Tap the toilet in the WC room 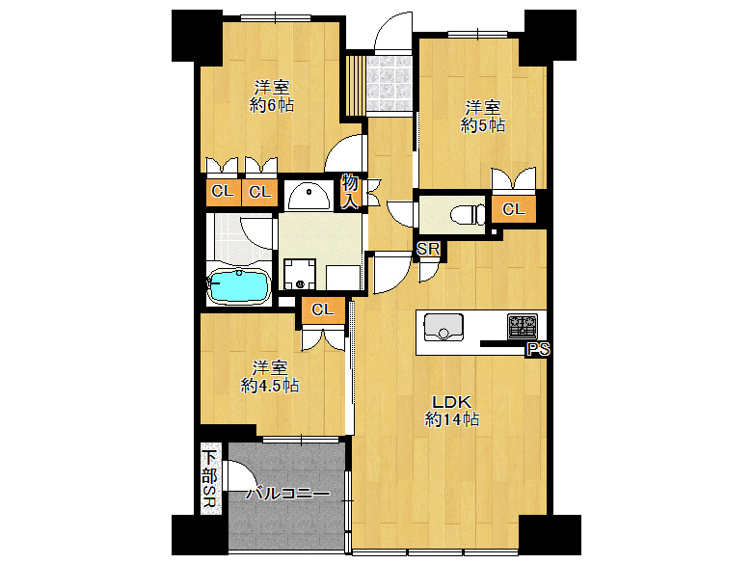pyautogui.click(x=469, y=214)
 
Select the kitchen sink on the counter pyautogui.click(x=443, y=327)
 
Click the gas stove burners pyautogui.click(x=523, y=326)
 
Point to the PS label pyautogui.click(x=538, y=350)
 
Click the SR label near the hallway pyautogui.click(x=428, y=249)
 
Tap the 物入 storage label pyautogui.click(x=350, y=192)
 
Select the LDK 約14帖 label pyautogui.click(x=452, y=411)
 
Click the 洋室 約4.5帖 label pyautogui.click(x=270, y=376)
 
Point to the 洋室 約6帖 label pyautogui.click(x=272, y=96)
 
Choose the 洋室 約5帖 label pyautogui.click(x=483, y=116)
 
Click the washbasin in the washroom pyautogui.click(x=308, y=196)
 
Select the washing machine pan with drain pyautogui.click(x=300, y=274)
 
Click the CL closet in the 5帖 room pyautogui.click(x=513, y=209)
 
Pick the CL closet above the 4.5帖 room pyautogui.click(x=323, y=309)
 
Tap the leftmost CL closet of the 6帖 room pyautogui.click(x=223, y=192)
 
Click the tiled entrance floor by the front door pyautogui.click(x=389, y=84)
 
